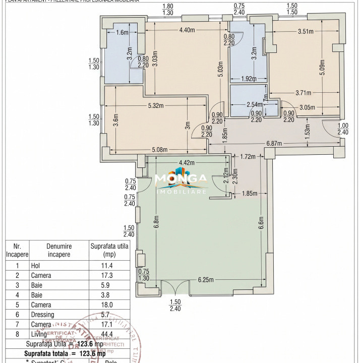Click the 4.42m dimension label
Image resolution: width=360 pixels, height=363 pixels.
(190, 162)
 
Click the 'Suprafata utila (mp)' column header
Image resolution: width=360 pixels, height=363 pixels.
(109, 250)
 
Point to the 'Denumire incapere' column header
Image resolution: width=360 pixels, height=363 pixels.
(60, 250)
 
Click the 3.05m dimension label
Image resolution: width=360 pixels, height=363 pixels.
(307, 107)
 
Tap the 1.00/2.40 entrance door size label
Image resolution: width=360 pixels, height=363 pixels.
(343, 129)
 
